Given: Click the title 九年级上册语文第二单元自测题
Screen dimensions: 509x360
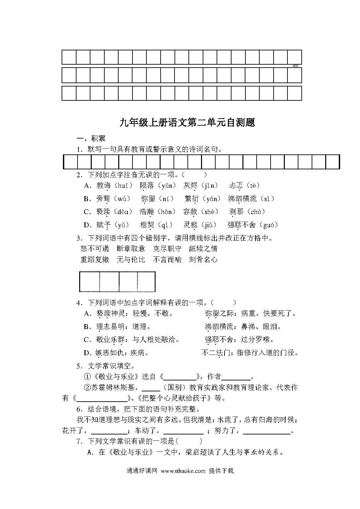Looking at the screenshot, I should coord(187,123).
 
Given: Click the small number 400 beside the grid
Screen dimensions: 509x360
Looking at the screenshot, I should coord(295,66).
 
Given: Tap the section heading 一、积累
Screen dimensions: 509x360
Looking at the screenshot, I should coord(91,139).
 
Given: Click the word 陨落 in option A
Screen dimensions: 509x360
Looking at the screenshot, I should coord(147,185).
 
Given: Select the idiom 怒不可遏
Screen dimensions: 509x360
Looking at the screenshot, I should coord(95,249).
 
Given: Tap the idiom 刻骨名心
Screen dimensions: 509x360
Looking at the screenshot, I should coord(203,259).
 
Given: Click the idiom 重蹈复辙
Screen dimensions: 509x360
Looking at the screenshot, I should coord(95,259).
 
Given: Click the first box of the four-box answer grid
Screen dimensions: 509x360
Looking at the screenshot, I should coord(89,282).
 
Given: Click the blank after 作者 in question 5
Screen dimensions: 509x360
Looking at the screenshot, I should coord(236,377).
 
